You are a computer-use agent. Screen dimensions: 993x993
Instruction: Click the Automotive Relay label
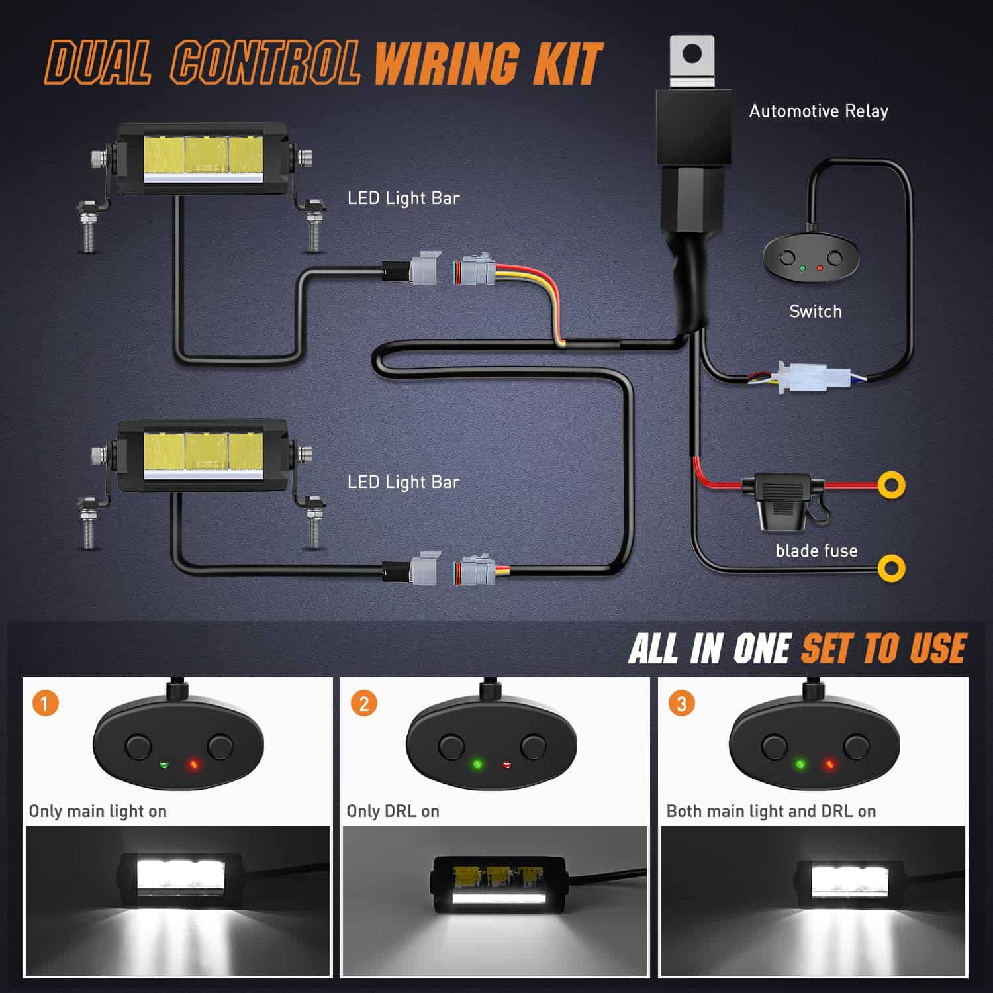coord(818,111)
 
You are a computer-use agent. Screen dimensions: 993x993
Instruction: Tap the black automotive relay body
coord(693,127)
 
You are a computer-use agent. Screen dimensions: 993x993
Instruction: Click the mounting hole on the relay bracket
coord(692,54)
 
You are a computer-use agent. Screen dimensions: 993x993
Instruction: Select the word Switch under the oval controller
coord(816,311)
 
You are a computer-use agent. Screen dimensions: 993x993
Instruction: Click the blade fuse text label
coord(816,551)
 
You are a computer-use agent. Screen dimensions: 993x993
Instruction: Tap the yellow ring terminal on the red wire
coord(892,485)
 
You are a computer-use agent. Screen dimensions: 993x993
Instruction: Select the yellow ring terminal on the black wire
coord(891,568)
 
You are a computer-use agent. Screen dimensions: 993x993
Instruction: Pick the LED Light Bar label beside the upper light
coord(403,198)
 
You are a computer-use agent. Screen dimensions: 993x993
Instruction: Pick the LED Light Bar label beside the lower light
coord(403,482)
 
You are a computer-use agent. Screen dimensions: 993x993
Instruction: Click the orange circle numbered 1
coord(46,703)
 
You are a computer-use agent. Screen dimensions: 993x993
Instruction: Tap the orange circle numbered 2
coord(363,703)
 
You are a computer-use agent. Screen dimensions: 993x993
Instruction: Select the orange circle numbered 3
coord(681,703)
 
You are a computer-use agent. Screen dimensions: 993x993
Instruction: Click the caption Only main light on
coord(98,811)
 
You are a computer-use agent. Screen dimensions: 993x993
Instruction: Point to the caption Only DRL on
coord(393,811)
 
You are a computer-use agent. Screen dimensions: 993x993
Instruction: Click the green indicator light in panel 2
coord(477,765)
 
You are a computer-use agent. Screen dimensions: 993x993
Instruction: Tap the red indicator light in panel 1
coord(193,765)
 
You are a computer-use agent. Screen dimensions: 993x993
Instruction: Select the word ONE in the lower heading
coord(761,649)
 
